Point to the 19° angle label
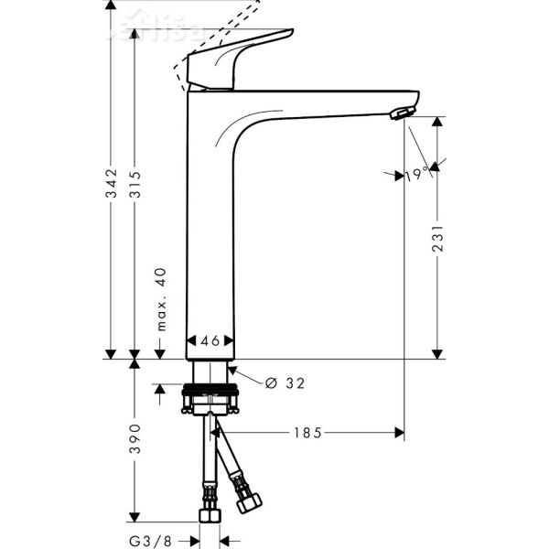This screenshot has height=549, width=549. pyautogui.click(x=416, y=174)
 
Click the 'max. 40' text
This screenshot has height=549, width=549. pyautogui.click(x=159, y=300)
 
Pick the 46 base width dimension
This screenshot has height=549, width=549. pyautogui.click(x=210, y=340)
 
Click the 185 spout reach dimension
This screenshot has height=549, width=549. pyautogui.click(x=307, y=432)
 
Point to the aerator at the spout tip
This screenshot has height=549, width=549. pyautogui.click(x=400, y=113)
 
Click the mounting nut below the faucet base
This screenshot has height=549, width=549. pyautogui.click(x=211, y=400)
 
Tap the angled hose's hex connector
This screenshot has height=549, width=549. pyautogui.click(x=247, y=502)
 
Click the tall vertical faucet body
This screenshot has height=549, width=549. pyautogui.click(x=210, y=238)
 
